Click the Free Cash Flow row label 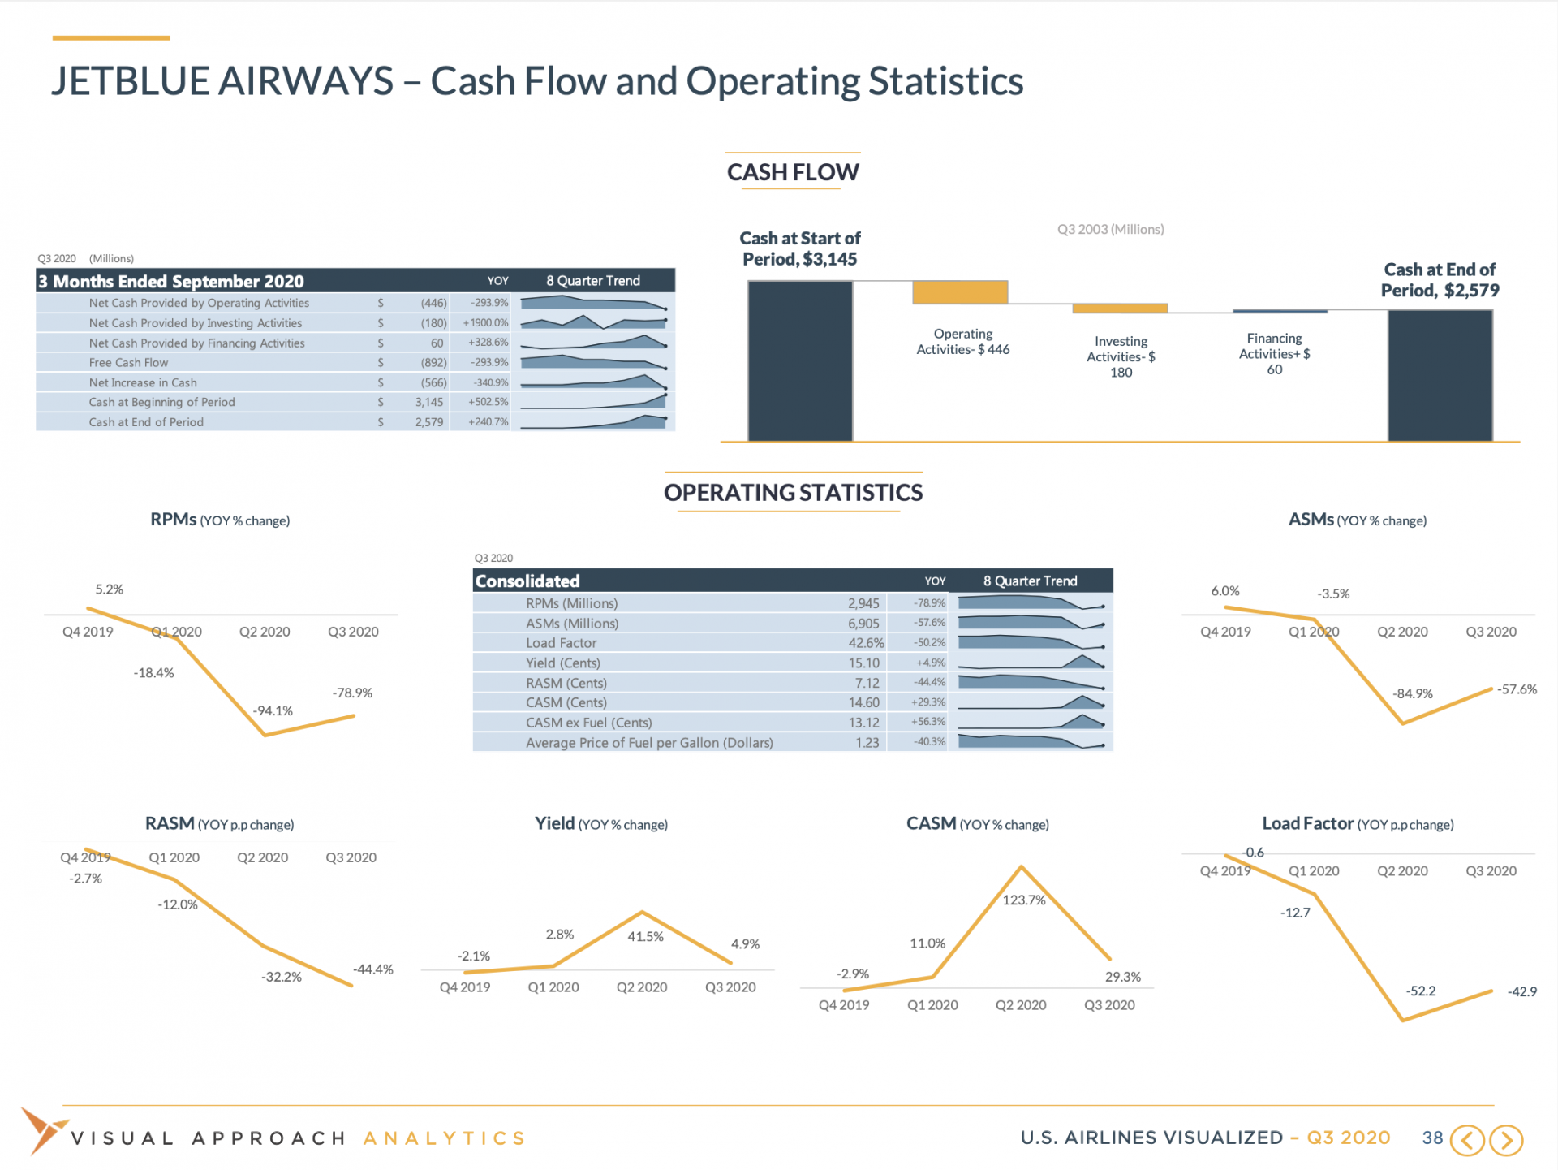(128, 363)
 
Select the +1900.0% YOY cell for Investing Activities (485, 323)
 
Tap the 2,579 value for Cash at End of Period (429, 422)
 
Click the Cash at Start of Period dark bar (799, 361)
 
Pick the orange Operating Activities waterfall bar (960, 292)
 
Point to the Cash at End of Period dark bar (1440, 375)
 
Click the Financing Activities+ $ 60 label (1274, 354)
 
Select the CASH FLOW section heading (793, 172)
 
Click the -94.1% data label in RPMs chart (273, 711)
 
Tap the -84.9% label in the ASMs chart (1413, 694)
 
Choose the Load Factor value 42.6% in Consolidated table (866, 643)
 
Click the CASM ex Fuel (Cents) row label (588, 723)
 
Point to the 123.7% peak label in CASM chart (1024, 900)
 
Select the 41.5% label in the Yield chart (645, 937)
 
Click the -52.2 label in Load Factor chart (1421, 991)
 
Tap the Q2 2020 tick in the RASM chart (262, 858)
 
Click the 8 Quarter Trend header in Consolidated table (1030, 581)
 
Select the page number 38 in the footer (1432, 1138)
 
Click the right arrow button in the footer (1506, 1140)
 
